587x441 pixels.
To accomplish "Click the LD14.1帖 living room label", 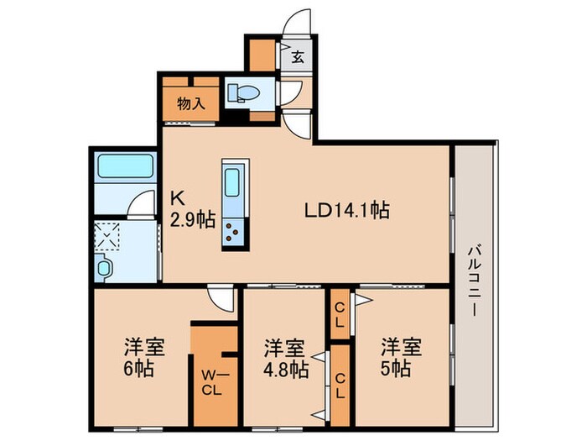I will coord(345,211).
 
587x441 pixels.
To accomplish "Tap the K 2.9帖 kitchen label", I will coord(193,210).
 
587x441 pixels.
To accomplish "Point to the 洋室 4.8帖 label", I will coord(284,358).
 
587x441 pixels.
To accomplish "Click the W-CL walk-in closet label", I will coord(210,382).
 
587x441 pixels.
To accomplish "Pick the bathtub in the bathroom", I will coord(123,165).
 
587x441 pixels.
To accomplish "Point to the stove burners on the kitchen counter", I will coord(232,232).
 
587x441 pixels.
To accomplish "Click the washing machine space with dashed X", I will coord(108,236).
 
